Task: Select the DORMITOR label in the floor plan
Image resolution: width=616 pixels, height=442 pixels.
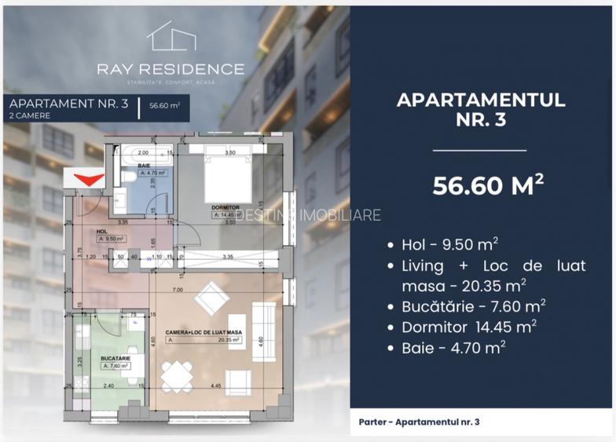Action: [x=225, y=207]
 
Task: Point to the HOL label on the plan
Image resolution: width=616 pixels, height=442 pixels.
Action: [x=102, y=232]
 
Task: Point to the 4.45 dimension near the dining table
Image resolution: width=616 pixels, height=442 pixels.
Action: [x=215, y=385]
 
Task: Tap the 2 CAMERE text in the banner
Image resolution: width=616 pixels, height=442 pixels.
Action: [x=30, y=115]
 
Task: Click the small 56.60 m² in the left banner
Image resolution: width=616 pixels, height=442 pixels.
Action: [x=164, y=108]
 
